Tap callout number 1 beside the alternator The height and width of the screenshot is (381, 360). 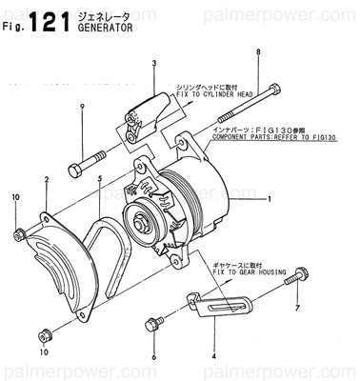coord(270,199)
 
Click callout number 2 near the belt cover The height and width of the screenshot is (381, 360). coord(45,179)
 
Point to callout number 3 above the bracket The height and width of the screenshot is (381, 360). coord(154,64)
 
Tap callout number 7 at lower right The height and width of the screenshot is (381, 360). coord(297,310)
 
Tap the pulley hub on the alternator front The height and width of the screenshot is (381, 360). coord(146,224)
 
